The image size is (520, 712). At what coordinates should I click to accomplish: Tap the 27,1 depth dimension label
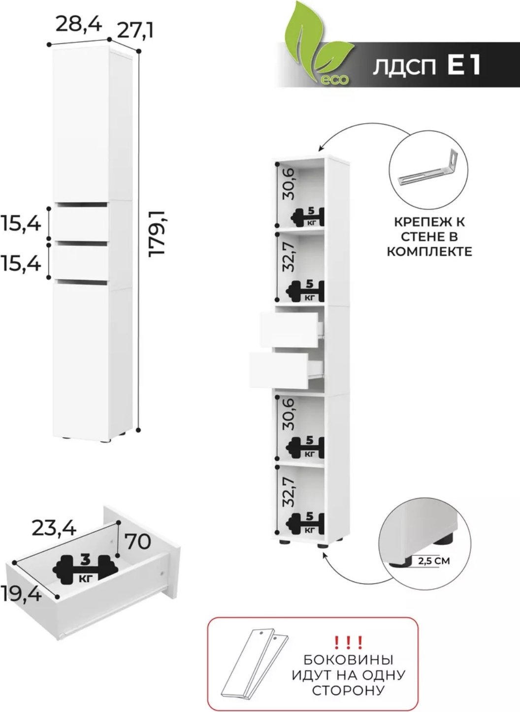tap(134, 31)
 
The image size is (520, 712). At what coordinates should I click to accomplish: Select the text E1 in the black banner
tap(463, 65)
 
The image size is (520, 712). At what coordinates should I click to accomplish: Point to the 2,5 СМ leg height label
tap(434, 560)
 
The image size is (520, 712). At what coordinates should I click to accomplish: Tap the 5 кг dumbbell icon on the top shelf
tap(307, 217)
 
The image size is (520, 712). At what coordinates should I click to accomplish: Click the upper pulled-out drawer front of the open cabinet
tap(289, 330)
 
